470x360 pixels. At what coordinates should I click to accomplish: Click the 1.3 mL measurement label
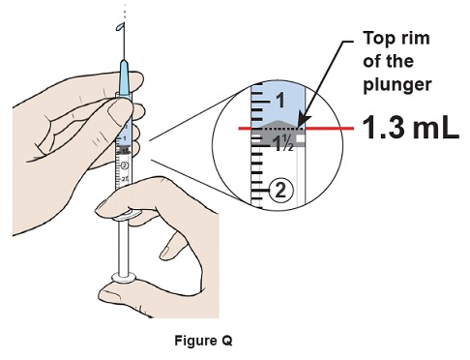pyautogui.click(x=411, y=128)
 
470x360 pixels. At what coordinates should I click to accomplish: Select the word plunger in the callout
pyautogui.click(x=397, y=85)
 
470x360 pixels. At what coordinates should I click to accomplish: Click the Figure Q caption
pyautogui.click(x=203, y=341)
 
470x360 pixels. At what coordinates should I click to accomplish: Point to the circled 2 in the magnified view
pyautogui.click(x=280, y=191)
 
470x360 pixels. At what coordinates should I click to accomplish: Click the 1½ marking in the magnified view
pyautogui.click(x=283, y=143)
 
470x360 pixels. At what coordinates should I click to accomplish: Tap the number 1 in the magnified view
pyautogui.click(x=280, y=101)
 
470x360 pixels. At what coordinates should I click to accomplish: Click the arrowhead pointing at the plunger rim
pyautogui.click(x=301, y=121)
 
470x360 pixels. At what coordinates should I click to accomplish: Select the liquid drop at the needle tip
pyautogui.click(x=120, y=27)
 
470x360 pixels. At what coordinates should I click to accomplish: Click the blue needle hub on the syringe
pyautogui.click(x=125, y=76)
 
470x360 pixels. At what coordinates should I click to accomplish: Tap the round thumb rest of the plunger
pyautogui.click(x=124, y=277)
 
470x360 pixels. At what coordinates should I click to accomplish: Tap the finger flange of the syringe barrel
pyautogui.click(x=128, y=216)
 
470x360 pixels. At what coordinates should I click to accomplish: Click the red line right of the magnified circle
pyautogui.click(x=330, y=129)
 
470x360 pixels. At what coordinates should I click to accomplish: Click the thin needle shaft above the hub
pyautogui.click(x=124, y=42)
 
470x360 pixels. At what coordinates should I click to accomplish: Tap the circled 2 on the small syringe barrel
pyautogui.click(x=125, y=165)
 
